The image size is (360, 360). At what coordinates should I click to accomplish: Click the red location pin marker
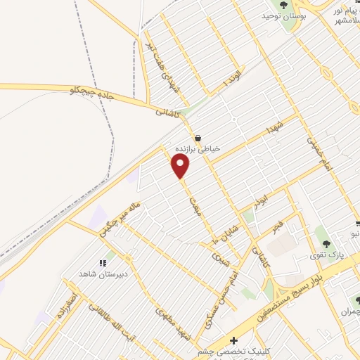tap(181, 166)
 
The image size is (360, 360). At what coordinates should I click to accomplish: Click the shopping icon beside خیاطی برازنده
tap(198, 138)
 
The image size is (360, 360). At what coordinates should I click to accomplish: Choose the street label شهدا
tap(270, 129)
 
